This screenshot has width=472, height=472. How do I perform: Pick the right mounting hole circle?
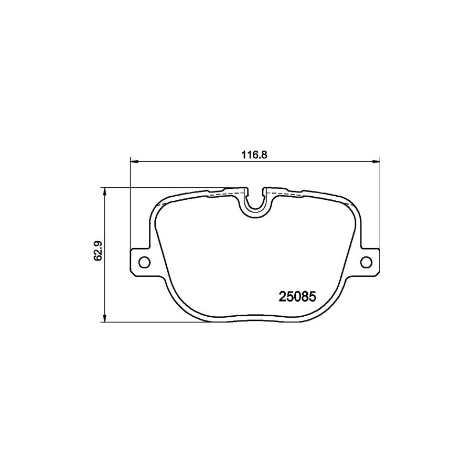pyautogui.click(x=367, y=261)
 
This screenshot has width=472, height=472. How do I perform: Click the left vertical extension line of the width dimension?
pyautogui.click(x=130, y=210)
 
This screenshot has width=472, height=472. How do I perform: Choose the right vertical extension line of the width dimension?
pyautogui.click(x=380, y=210)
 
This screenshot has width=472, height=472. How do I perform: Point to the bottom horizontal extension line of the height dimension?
pyautogui.click(x=157, y=321)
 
